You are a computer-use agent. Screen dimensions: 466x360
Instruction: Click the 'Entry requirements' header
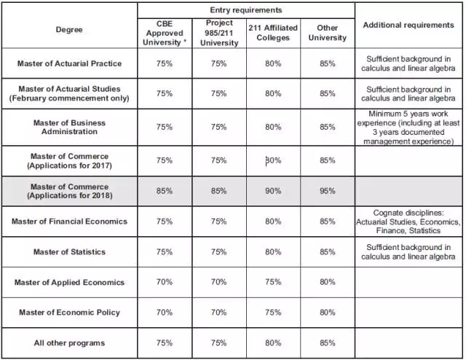(x=246, y=10)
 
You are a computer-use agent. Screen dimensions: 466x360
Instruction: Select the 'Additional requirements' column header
(x=408, y=25)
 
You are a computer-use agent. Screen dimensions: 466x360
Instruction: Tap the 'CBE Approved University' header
(x=165, y=33)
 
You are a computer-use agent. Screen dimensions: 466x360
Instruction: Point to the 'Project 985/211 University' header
(x=219, y=33)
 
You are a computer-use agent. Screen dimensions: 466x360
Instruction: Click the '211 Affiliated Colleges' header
(x=273, y=33)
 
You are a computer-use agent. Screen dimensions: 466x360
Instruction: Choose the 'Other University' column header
(x=327, y=33)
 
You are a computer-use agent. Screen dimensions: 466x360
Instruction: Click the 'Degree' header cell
(x=69, y=30)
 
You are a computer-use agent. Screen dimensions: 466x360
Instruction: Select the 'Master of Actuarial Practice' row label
(x=69, y=63)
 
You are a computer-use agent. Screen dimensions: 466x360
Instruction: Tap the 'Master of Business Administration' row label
(x=69, y=127)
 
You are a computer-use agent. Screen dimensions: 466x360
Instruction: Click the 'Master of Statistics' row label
(x=69, y=252)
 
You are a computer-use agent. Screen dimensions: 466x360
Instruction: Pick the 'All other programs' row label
(x=69, y=343)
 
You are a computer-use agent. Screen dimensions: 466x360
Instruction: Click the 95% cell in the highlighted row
(x=327, y=191)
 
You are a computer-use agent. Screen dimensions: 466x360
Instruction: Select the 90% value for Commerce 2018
(x=273, y=191)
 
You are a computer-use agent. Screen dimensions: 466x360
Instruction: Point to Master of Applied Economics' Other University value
(x=327, y=282)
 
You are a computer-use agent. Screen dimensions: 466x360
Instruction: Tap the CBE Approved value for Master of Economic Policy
(x=165, y=313)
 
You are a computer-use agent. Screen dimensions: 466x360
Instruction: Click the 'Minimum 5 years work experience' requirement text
(x=408, y=128)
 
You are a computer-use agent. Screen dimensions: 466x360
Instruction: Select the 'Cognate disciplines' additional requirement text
(x=408, y=222)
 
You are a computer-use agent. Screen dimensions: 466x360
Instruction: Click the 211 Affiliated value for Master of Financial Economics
(x=273, y=222)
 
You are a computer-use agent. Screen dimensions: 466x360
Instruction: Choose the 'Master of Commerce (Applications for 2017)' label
(x=70, y=160)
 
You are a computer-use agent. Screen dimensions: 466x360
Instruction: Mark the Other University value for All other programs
(x=327, y=343)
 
